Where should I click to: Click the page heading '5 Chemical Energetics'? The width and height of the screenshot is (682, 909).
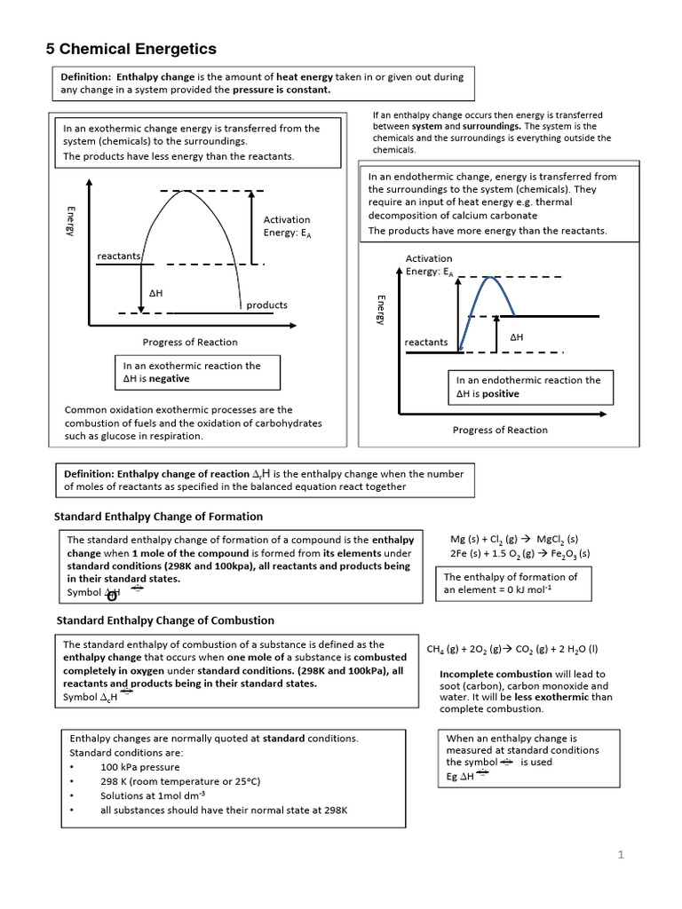[131, 49]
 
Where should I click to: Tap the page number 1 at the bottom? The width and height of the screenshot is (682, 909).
[622, 855]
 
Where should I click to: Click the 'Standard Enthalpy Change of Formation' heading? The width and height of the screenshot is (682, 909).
[159, 516]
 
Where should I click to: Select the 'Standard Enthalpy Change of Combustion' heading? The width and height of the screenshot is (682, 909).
[165, 620]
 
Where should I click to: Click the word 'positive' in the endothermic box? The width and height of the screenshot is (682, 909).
[501, 393]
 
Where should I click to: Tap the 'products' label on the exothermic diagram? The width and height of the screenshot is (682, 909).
[266, 304]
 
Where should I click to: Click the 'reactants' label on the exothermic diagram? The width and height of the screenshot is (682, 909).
[119, 256]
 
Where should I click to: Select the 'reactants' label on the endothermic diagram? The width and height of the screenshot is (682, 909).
[426, 342]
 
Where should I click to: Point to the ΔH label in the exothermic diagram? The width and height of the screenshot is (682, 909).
[155, 291]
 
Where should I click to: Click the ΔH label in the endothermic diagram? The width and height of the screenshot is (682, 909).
[516, 337]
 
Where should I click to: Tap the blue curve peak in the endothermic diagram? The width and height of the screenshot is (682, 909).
[487, 278]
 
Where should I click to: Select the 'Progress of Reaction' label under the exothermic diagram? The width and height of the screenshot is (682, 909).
[190, 342]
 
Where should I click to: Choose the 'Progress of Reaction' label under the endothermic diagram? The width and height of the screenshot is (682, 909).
[500, 430]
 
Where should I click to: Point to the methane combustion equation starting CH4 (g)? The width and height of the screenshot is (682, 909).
[512, 649]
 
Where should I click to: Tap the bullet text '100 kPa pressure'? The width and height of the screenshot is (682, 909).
[139, 766]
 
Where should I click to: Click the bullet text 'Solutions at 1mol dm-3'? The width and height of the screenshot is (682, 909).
[153, 795]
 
